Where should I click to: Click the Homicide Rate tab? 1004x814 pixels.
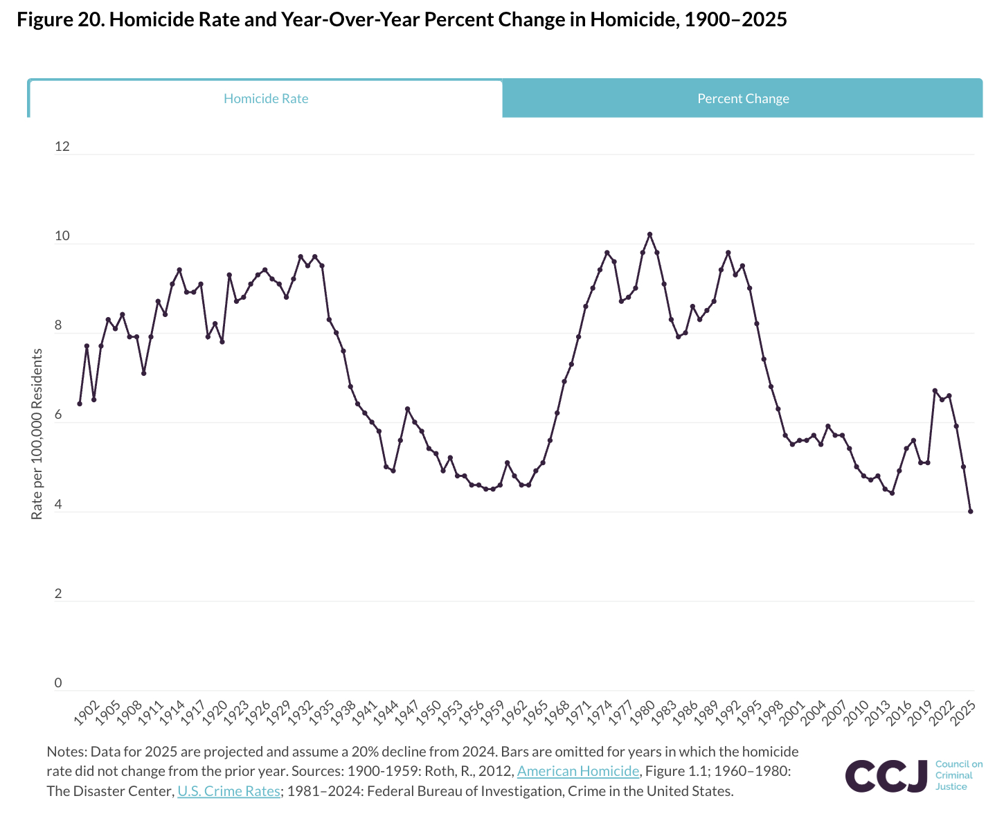pyautogui.click(x=266, y=99)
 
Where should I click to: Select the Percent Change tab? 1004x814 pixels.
pyautogui.click(x=743, y=99)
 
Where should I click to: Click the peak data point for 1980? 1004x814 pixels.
pyautogui.click(x=649, y=235)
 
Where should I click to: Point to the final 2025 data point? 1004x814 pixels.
pyautogui.click(x=970, y=512)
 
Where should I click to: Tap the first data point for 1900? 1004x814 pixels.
pyautogui.click(x=80, y=404)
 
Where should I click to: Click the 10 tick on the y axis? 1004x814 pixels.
pyautogui.click(x=62, y=236)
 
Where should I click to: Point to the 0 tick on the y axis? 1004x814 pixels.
pyautogui.click(x=58, y=683)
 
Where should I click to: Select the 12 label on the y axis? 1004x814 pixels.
pyautogui.click(x=62, y=147)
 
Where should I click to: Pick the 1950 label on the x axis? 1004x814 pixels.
pyautogui.click(x=430, y=712)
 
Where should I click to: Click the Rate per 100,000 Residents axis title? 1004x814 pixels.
pyautogui.click(x=37, y=434)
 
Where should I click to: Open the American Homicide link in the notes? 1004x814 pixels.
pyautogui.click(x=578, y=771)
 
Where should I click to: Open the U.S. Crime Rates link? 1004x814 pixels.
pyautogui.click(x=228, y=790)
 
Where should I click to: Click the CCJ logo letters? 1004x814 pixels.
pyautogui.click(x=886, y=776)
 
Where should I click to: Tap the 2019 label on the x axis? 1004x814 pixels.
pyautogui.click(x=920, y=712)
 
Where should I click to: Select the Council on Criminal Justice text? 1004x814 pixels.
pyautogui.click(x=958, y=775)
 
